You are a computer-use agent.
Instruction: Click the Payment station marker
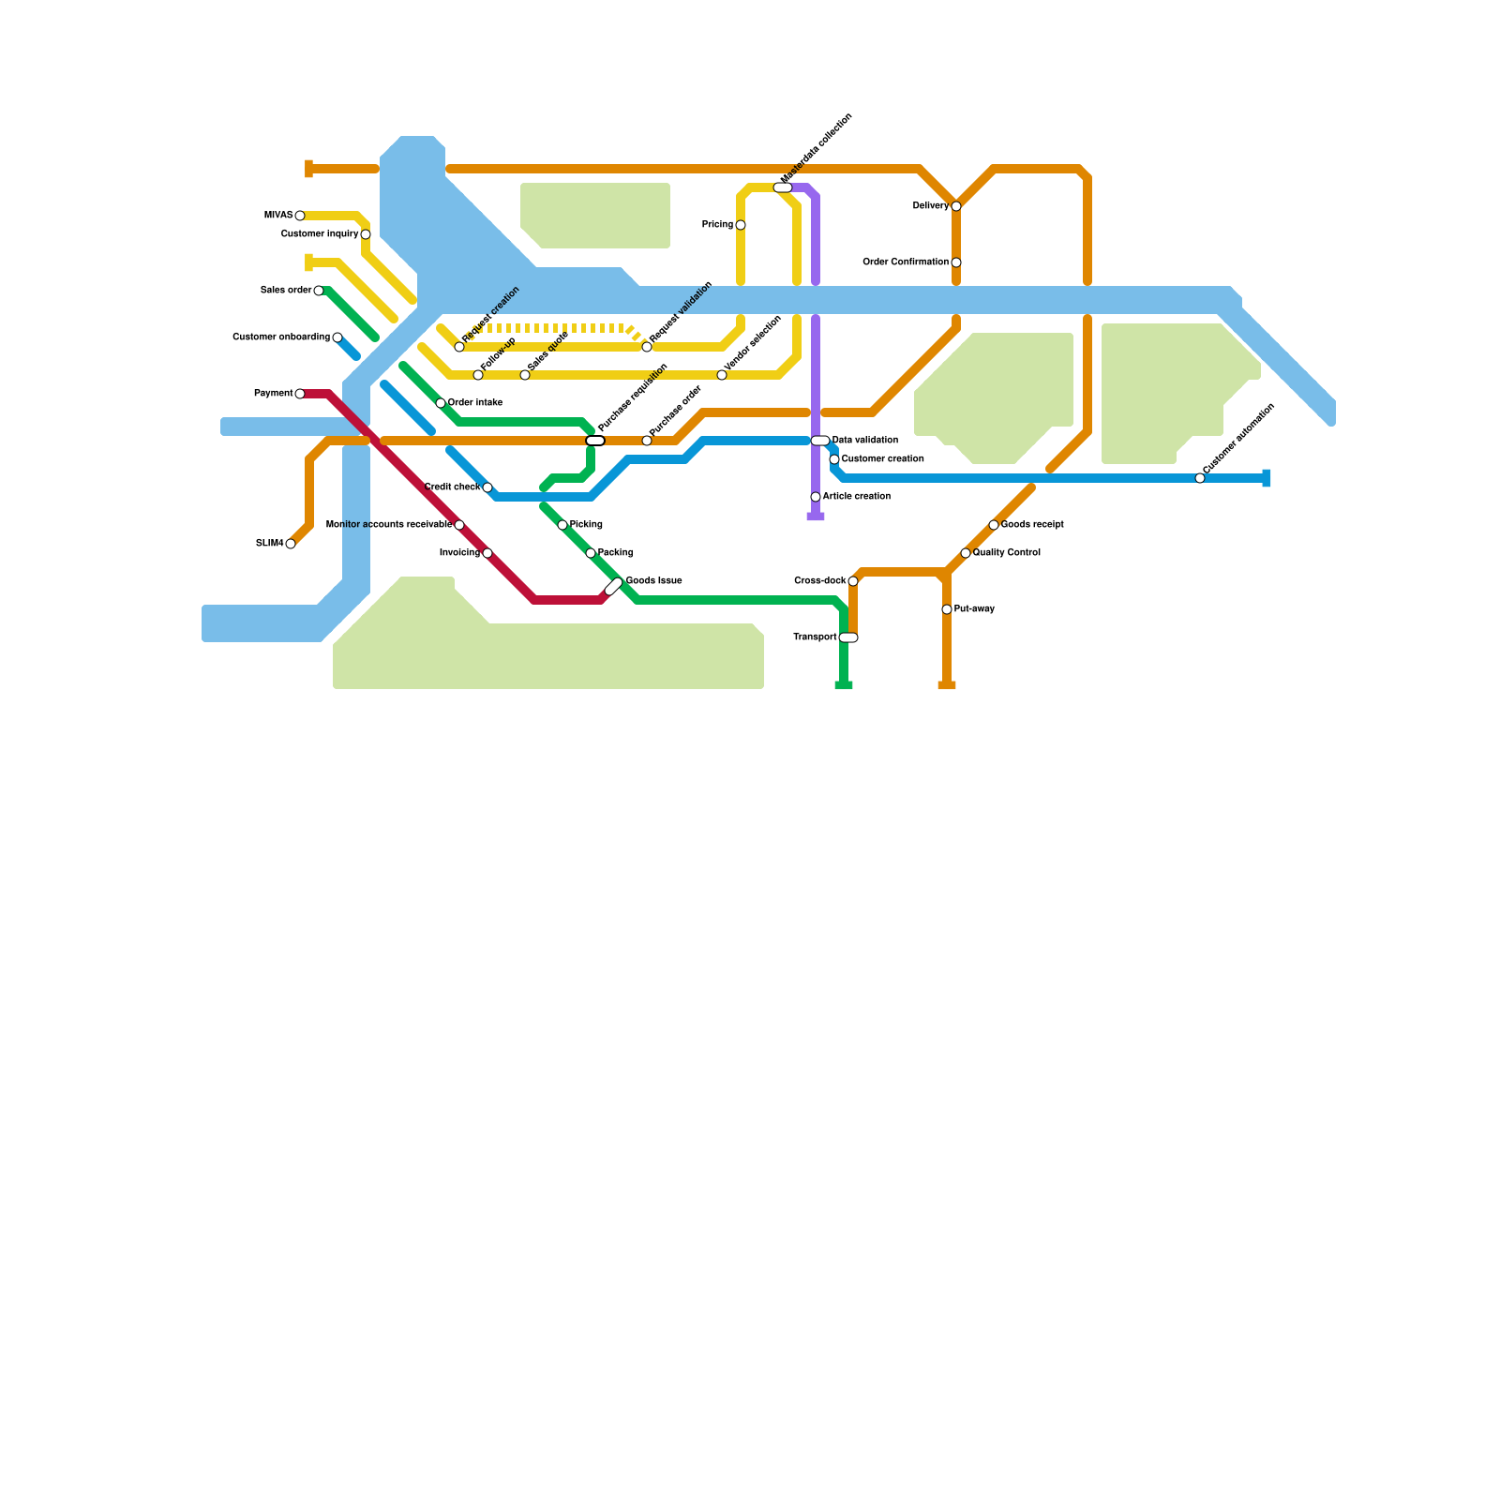coord(300,394)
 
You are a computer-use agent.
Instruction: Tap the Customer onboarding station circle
coord(337,337)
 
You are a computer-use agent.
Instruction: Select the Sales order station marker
coord(319,291)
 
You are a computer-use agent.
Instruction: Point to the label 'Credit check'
coord(452,487)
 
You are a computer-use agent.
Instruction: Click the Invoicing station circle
coord(487,553)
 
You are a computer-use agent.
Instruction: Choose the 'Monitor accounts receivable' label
coord(388,525)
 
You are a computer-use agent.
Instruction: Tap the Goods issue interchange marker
coord(613,587)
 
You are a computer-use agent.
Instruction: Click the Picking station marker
coord(562,525)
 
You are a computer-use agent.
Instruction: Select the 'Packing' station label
coord(615,553)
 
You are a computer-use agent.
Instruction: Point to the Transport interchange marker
coord(848,637)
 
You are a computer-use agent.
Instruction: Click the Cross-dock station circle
coord(853,581)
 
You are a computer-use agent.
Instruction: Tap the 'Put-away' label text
coord(974,609)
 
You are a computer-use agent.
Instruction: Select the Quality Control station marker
coord(966,553)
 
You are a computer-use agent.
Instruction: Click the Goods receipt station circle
coord(994,525)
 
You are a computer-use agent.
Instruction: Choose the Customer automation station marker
coord(1200,478)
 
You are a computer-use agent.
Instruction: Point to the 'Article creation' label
coord(856,497)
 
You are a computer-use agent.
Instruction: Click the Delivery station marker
coord(956,206)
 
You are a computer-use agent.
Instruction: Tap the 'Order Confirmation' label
coord(905,262)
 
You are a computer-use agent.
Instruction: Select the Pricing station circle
coord(741,225)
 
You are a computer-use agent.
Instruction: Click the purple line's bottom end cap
coord(816,517)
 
